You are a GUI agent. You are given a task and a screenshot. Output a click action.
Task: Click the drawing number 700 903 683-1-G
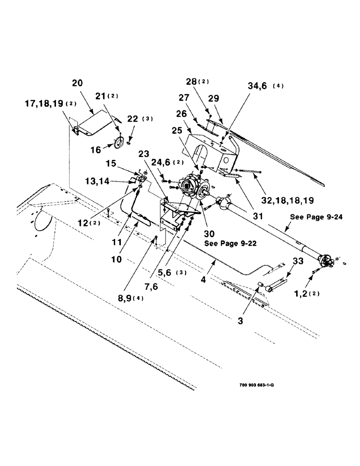tap(257, 385)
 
